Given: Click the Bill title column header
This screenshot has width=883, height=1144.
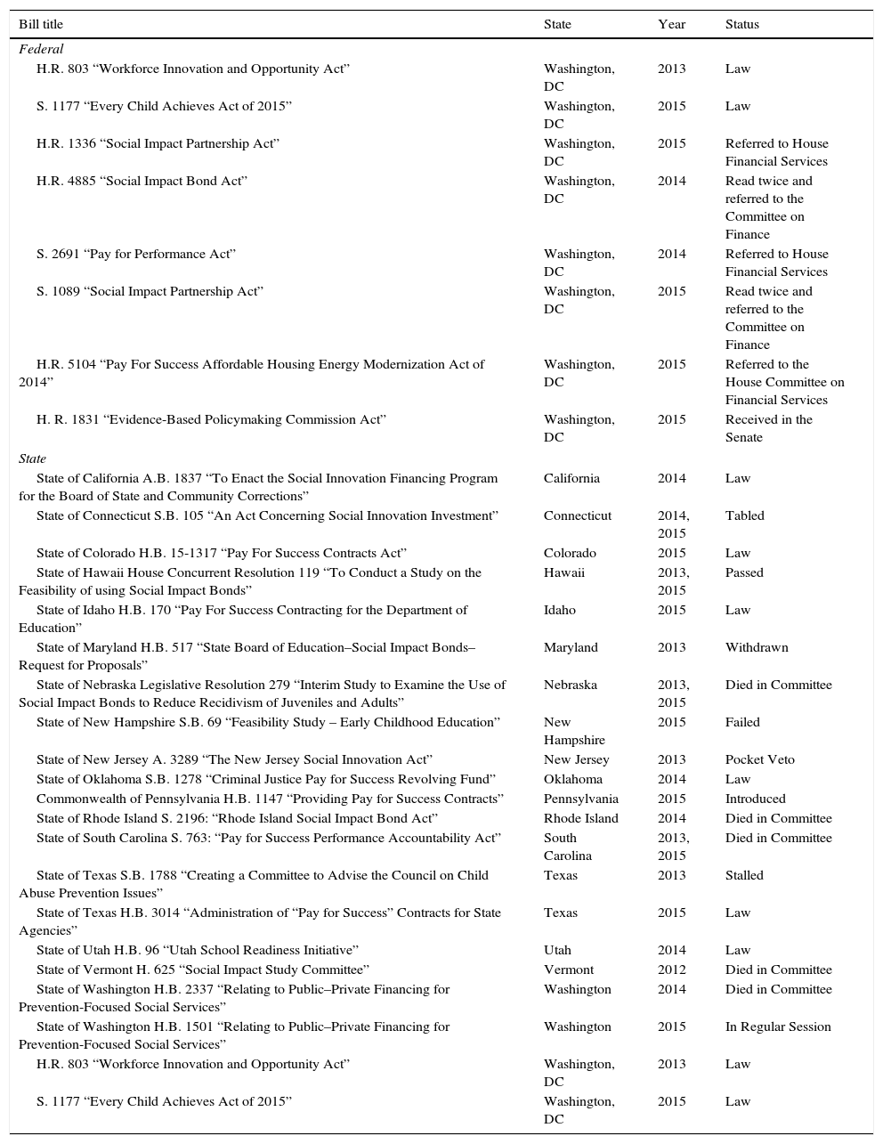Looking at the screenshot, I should tap(41, 24).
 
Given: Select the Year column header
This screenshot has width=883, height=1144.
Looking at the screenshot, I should tap(671, 24).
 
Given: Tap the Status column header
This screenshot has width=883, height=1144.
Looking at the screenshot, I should tap(741, 24).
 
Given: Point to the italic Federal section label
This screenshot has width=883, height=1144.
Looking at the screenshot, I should tap(41, 50).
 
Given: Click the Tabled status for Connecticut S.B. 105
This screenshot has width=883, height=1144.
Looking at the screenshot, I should tap(744, 515).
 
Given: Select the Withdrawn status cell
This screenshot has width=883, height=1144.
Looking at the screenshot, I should tap(757, 647).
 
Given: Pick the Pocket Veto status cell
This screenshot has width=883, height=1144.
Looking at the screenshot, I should tap(759, 759).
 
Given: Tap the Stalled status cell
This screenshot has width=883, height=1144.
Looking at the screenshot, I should tap(744, 875).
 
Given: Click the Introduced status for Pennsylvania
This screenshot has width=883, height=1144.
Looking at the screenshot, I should tap(755, 799).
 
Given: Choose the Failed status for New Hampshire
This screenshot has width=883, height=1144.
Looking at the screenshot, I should tap(742, 722).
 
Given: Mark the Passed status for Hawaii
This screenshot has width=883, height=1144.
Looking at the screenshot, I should tap(744, 572).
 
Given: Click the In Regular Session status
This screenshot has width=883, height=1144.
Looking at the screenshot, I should tap(778, 1026).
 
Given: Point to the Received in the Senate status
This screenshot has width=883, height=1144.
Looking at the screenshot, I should tap(769, 428).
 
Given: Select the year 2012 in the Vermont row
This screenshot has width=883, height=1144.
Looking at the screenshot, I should tap(672, 970).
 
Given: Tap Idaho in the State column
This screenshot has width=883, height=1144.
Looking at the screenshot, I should tap(560, 610).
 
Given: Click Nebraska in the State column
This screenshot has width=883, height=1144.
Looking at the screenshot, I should tap(571, 685).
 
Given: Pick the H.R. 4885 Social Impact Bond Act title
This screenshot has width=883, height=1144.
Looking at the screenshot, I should tap(142, 181).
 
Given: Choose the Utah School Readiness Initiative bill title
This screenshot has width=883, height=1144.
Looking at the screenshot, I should tap(197, 950).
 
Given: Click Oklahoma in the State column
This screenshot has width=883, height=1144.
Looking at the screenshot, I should tap(573, 779).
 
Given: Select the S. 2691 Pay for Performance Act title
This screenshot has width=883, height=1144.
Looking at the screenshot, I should tap(135, 254).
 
